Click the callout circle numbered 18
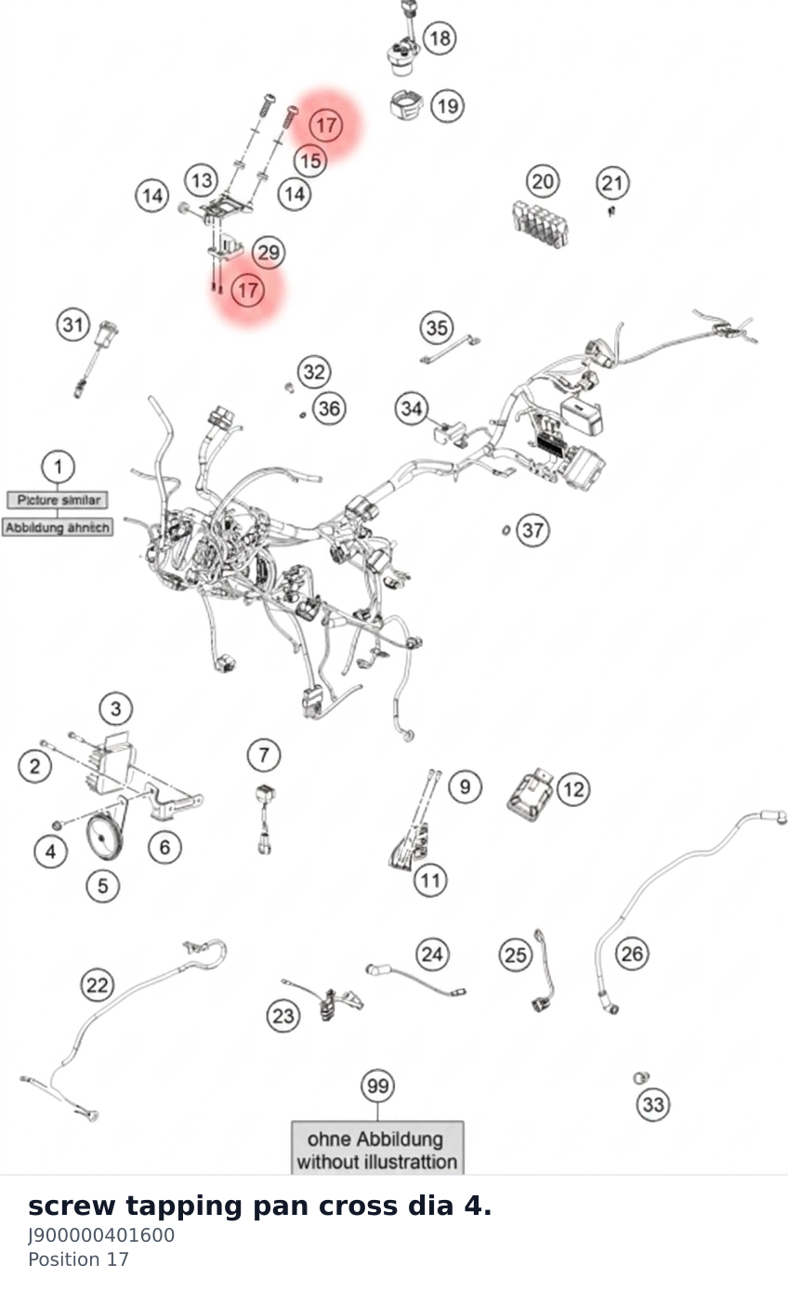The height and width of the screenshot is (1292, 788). (x=440, y=38)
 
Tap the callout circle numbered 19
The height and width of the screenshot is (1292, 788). (x=448, y=106)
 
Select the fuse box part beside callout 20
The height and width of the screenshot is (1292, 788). (x=540, y=224)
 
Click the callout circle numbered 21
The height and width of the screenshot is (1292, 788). (x=612, y=183)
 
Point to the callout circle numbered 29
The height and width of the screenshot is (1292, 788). (x=269, y=253)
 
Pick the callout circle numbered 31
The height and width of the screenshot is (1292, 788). (x=73, y=324)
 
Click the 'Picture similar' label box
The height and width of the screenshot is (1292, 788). (x=58, y=500)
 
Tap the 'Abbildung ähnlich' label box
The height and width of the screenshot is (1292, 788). (x=57, y=527)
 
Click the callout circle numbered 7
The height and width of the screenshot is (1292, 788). (x=264, y=755)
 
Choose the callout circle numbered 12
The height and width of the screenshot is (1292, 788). (x=573, y=789)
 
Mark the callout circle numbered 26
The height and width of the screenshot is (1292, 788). (x=633, y=954)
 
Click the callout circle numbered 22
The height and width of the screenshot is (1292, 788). (x=97, y=984)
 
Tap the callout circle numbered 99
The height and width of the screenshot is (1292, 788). (x=377, y=1086)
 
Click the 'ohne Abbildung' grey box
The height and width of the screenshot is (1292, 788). (x=377, y=1148)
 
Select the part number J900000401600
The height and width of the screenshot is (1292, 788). (x=101, y=1235)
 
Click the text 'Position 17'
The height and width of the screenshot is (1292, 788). (x=78, y=1259)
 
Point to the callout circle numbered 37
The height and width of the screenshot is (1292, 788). (x=532, y=530)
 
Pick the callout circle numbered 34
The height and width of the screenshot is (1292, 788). (x=412, y=408)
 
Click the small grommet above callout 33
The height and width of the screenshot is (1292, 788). (x=640, y=1077)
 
